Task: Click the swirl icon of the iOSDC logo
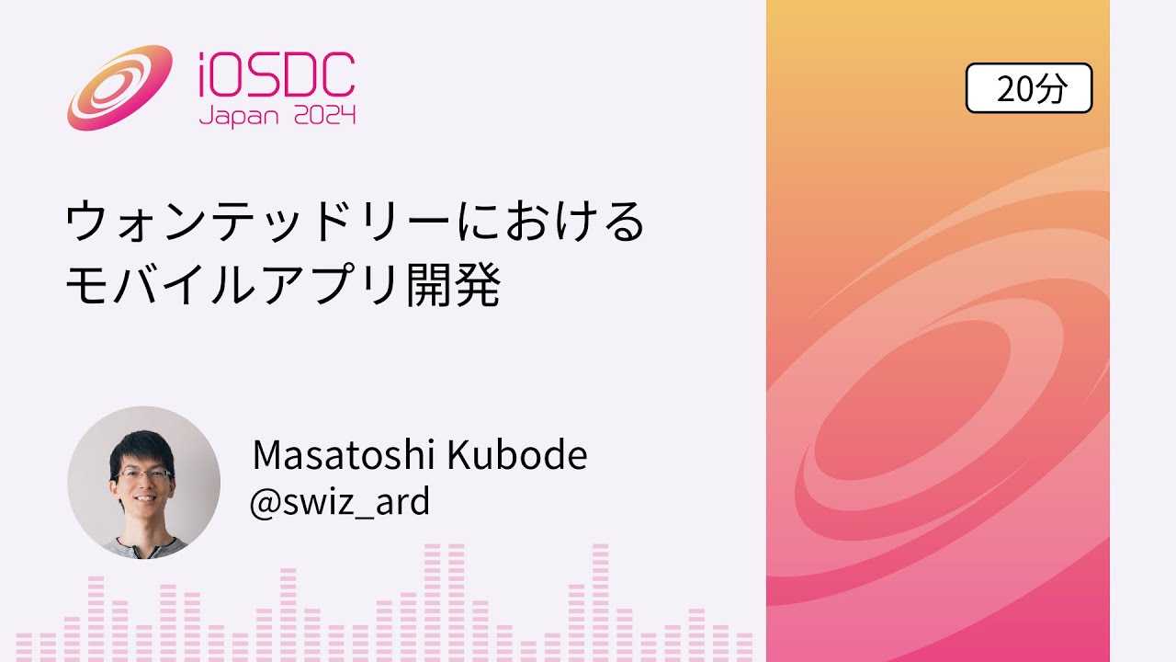coord(119,87)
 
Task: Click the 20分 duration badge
coord(1029,88)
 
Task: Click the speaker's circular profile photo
coord(143,483)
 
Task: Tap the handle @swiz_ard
coord(339,501)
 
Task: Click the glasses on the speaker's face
coord(144,474)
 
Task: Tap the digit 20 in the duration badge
coord(1014,88)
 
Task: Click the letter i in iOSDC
coord(205,75)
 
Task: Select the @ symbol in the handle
coord(263,502)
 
